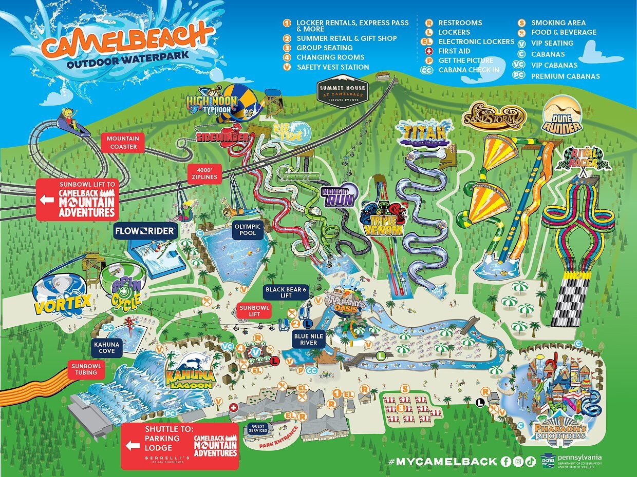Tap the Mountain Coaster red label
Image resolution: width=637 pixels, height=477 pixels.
[x=123, y=143]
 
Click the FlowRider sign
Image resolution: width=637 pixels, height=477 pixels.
[x=145, y=231]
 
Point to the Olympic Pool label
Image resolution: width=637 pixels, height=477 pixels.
[x=248, y=230]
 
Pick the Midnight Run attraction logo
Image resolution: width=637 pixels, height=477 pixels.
[x=338, y=196]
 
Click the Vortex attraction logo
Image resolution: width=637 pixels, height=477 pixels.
[x=62, y=304]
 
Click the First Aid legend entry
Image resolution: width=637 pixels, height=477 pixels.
[x=454, y=51]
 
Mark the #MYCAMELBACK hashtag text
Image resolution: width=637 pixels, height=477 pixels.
[x=443, y=461]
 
